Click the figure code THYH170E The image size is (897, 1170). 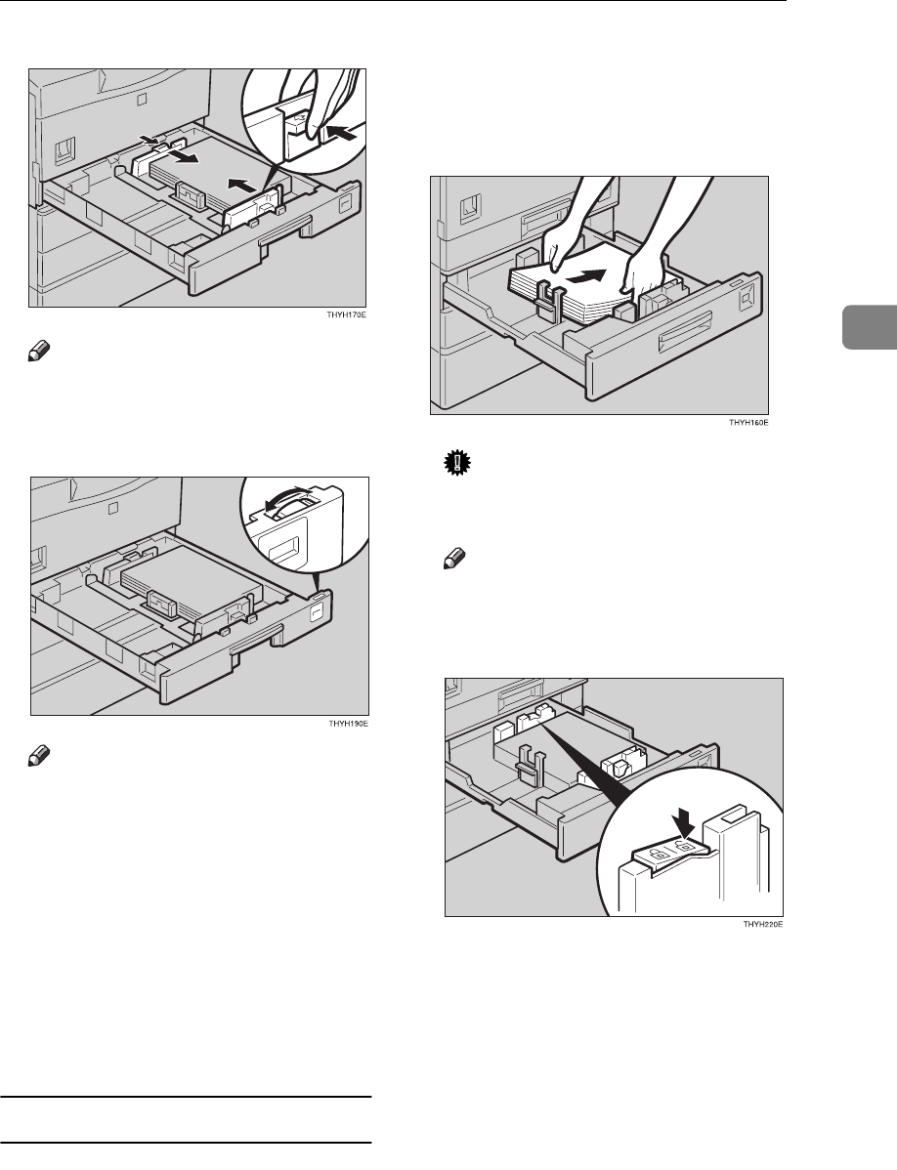(x=350, y=316)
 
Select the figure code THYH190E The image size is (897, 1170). (x=349, y=725)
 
